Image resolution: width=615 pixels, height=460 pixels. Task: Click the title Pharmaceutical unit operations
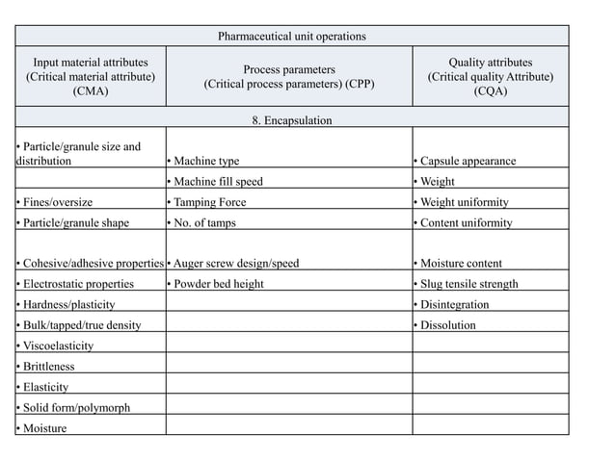coord(291,37)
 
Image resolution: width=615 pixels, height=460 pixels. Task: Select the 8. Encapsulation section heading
coord(291,120)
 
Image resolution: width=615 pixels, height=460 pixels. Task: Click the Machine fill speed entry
coord(215,182)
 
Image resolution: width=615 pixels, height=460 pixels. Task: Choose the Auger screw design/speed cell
coord(233,263)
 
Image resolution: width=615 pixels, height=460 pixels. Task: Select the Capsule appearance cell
coord(464,161)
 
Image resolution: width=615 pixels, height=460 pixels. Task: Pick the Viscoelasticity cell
coord(55,345)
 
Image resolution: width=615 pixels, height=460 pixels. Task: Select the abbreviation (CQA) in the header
coord(490,91)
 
